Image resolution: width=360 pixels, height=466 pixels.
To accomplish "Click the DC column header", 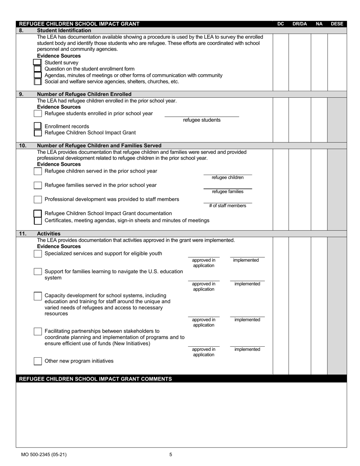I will click(280, 24).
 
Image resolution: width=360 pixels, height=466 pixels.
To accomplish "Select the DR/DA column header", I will click(299, 24).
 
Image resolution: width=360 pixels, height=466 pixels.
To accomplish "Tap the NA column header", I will click(319, 24).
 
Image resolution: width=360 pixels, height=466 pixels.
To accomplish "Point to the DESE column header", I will click(337, 24).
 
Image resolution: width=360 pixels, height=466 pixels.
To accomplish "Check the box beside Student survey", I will click(37, 63).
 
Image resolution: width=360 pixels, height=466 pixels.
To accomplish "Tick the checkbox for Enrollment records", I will click(38, 126).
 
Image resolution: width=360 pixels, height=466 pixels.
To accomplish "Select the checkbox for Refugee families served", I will click(38, 185).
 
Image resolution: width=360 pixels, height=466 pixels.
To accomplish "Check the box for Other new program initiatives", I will click(38, 361).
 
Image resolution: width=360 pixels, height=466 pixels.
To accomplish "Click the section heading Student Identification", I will click(64, 30).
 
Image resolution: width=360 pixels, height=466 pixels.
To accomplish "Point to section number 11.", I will click(23, 234).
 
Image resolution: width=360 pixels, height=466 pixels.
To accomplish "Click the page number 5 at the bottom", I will click(171, 455).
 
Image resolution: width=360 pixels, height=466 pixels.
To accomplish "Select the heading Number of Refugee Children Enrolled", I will click(84, 94).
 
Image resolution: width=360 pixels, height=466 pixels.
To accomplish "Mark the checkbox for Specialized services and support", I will click(38, 254).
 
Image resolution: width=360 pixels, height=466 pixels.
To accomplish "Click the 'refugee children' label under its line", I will click(227, 178).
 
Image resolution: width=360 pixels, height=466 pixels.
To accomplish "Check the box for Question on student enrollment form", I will click(38, 69).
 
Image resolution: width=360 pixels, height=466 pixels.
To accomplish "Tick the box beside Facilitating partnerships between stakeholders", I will click(38, 332).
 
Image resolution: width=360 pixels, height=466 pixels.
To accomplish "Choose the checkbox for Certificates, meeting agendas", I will click(38, 220).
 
